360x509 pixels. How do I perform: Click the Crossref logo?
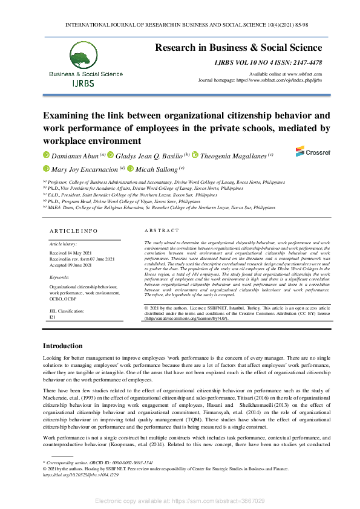coord(308,151)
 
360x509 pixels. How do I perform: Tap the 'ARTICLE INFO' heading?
coord(73,231)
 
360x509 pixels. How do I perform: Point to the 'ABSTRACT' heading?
coord(162,231)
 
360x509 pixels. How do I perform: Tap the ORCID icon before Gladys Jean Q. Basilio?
coord(110,155)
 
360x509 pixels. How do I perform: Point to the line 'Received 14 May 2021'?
coord(70,253)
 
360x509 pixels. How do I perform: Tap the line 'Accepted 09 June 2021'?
coord(70,265)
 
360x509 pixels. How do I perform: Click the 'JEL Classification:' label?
coord(67,311)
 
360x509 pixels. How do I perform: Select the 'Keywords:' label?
coord(59,277)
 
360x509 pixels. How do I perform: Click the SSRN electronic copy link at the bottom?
coord(180,501)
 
